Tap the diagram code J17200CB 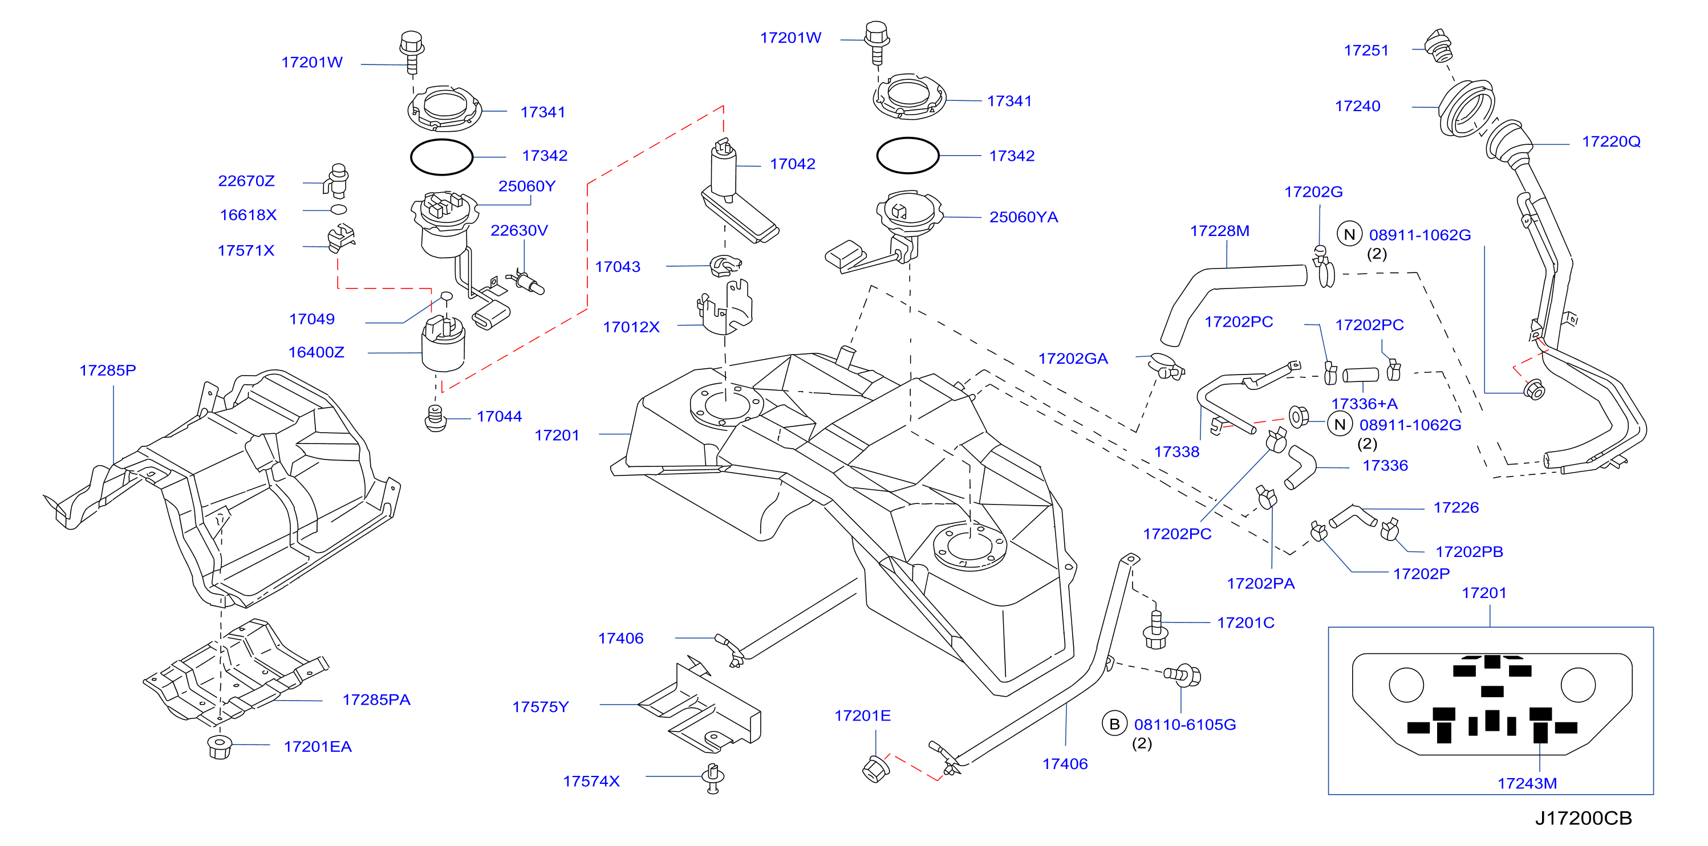coord(1583,817)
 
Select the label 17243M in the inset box coord(1527,783)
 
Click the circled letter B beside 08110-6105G coord(1114,724)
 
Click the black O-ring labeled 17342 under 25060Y coord(441,157)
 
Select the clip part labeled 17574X coord(713,778)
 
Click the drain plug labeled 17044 coord(435,418)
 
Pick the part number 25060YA coord(1024,217)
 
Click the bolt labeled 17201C coord(1156,629)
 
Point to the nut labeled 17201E coord(875,768)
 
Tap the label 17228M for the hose coord(1219,231)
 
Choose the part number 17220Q coord(1611,141)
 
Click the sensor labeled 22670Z coord(338,180)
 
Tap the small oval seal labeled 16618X coord(338,210)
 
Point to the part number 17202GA coord(1073,359)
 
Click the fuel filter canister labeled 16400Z coord(443,344)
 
